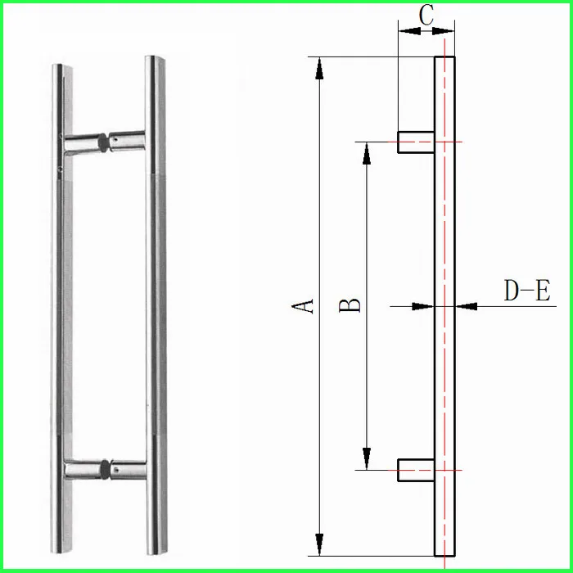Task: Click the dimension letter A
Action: tap(305, 305)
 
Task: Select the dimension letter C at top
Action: tap(426, 14)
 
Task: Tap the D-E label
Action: tap(526, 291)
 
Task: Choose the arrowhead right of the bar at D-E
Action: tap(466, 307)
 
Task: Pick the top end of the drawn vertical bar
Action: tap(444, 59)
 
